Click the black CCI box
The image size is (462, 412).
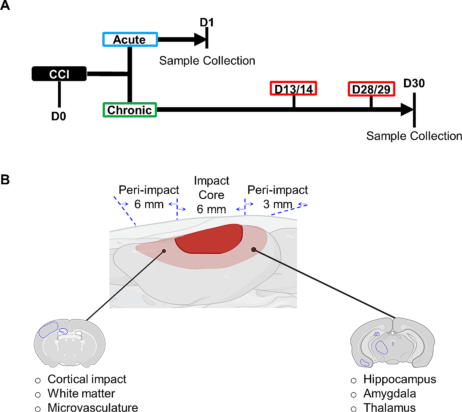59,74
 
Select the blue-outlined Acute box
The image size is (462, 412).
130,39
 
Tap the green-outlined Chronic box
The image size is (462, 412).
130,110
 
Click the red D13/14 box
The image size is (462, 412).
293,89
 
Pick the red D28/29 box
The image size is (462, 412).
371,89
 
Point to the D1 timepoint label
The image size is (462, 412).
207,23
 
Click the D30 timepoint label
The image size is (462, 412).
414,83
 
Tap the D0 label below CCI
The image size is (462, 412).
59,116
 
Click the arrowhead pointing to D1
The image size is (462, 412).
200,39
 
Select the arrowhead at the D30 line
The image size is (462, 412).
407,110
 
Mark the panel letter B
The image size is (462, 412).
5,180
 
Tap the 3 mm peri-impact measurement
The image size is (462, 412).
278,204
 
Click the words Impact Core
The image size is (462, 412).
212,188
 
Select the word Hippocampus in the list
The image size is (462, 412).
400,379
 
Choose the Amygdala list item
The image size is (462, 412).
390,393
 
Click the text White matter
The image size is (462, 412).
81,393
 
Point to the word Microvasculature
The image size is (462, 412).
93,407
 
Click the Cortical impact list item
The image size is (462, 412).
87,379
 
